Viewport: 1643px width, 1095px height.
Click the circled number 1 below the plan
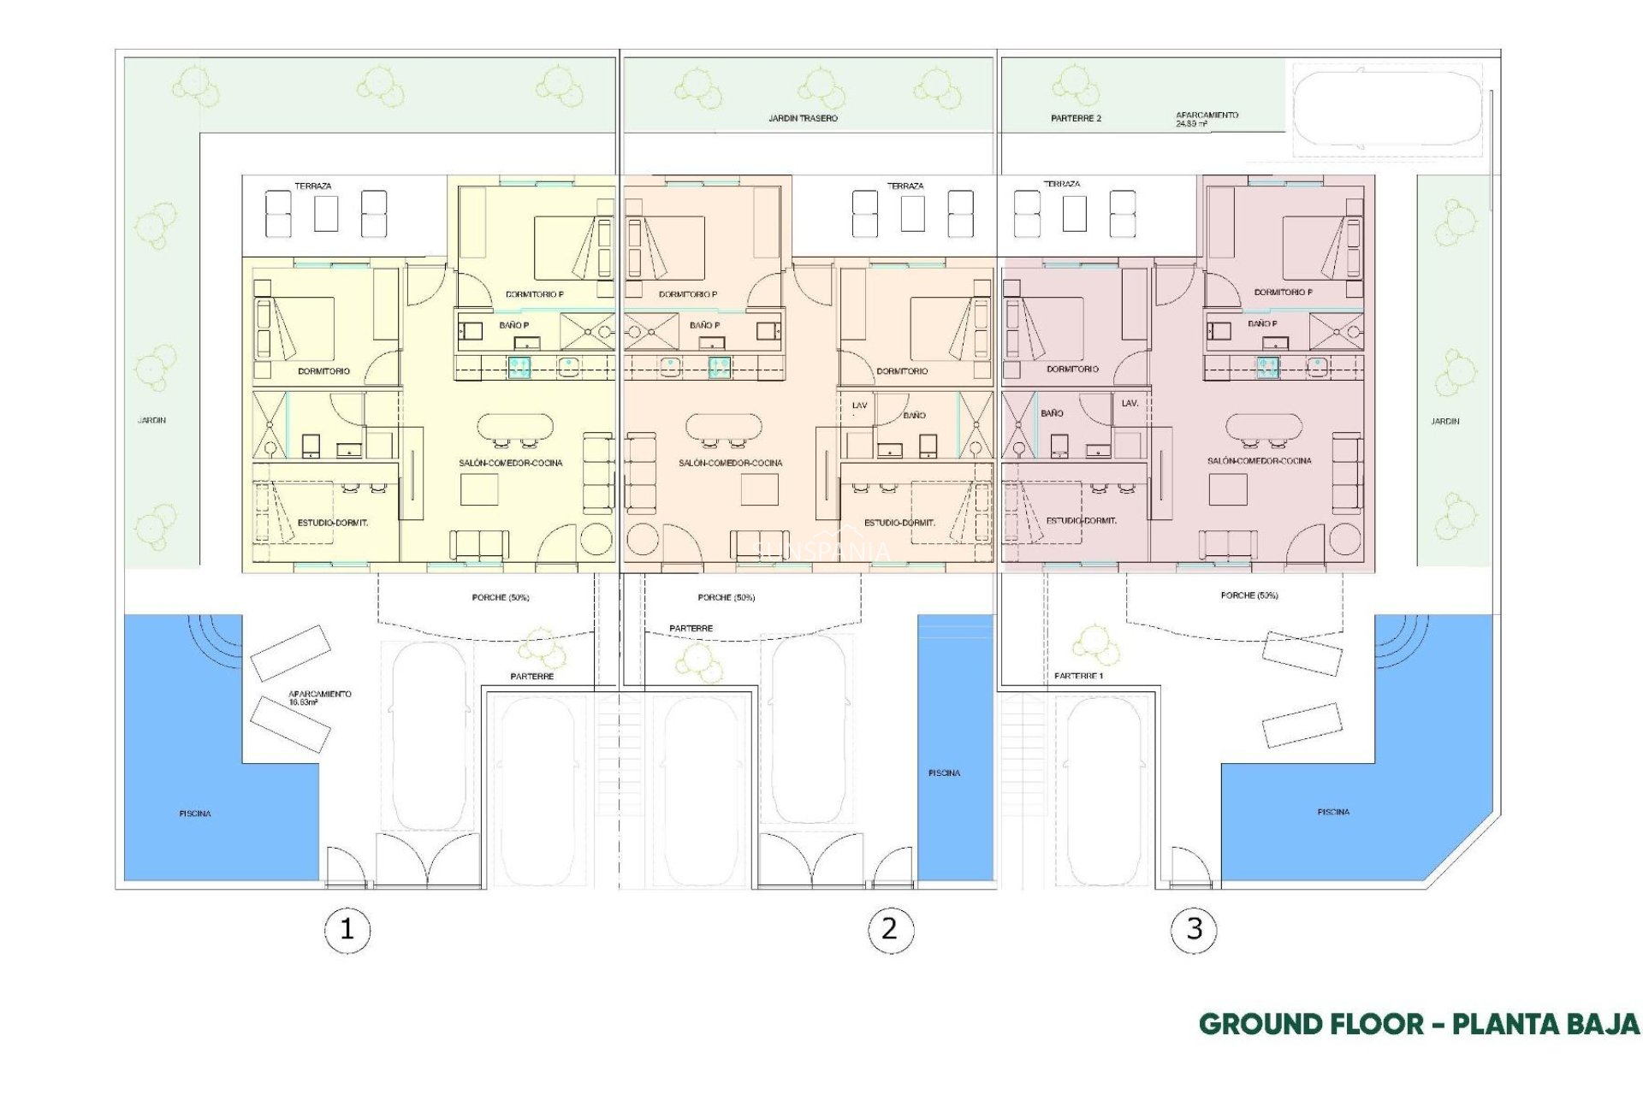[x=347, y=929]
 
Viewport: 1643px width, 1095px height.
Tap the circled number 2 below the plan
[x=890, y=929]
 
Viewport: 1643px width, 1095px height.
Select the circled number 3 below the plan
[x=1194, y=929]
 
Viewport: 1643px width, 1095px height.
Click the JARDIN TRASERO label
[x=803, y=118]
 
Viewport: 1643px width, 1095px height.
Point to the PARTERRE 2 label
[x=1076, y=118]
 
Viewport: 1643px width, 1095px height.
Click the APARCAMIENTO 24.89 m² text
[x=1206, y=119]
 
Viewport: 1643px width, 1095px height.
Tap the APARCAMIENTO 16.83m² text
[x=318, y=697]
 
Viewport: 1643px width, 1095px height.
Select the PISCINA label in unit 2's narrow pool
[x=944, y=772]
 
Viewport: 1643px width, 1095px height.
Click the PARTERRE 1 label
[x=1078, y=676]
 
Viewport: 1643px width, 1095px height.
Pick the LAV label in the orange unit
[x=859, y=405]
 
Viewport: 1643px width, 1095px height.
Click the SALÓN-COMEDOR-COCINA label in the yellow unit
[x=510, y=463]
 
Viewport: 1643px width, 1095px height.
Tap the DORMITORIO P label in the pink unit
[x=1283, y=293]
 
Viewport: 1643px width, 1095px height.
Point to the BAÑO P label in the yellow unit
[x=513, y=325]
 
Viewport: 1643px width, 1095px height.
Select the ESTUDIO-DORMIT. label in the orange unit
[x=899, y=522]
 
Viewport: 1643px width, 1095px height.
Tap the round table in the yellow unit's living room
[x=596, y=539]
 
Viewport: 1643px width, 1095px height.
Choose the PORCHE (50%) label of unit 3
[x=1249, y=595]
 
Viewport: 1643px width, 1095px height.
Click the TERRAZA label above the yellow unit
[x=313, y=186]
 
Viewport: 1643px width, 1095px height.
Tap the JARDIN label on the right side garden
[x=1444, y=421]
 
